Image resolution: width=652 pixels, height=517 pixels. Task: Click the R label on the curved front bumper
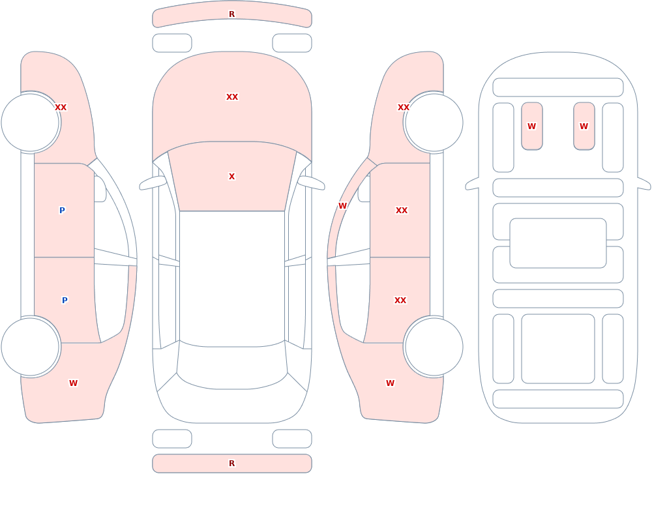(231, 14)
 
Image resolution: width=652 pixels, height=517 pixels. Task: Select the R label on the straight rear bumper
(231, 464)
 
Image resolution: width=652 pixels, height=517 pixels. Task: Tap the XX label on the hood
(232, 97)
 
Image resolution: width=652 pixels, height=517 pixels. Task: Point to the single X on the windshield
(231, 177)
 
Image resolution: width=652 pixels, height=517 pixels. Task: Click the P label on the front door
(62, 210)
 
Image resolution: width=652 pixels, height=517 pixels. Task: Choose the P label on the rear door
(65, 301)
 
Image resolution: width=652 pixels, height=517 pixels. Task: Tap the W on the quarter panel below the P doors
(73, 383)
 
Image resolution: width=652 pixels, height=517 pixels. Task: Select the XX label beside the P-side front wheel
(61, 108)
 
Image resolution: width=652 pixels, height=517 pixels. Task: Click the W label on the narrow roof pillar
(342, 205)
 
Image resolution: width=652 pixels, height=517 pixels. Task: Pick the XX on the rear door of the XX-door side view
(400, 301)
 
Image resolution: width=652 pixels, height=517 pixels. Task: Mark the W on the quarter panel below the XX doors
(390, 383)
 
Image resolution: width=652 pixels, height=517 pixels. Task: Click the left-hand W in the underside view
(531, 126)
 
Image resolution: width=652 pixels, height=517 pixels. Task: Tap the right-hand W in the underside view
(584, 126)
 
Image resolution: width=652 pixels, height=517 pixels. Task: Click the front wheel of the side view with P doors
(31, 123)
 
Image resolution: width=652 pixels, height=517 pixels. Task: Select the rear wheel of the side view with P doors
(31, 346)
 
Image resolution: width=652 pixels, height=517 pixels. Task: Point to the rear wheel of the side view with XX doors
(434, 346)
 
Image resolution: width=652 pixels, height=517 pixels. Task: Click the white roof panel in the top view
(232, 278)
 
